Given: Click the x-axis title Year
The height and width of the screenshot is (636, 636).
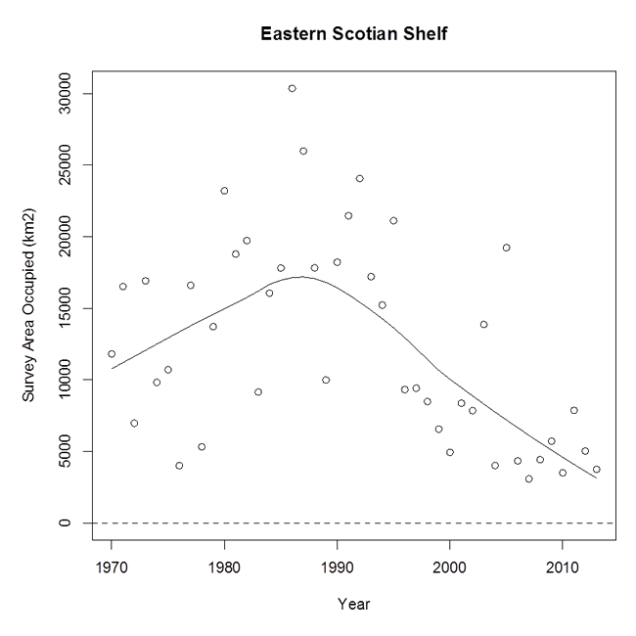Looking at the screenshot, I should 353,604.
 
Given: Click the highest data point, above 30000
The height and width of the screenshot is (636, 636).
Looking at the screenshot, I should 292,88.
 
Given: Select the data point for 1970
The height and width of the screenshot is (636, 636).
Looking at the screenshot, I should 112,353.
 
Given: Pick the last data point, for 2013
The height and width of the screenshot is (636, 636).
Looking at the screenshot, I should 596,470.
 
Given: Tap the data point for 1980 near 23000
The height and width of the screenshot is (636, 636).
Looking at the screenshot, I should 224,191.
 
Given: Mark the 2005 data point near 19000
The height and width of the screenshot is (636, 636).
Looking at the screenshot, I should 506,248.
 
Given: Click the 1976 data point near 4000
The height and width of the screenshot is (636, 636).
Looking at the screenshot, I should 179,466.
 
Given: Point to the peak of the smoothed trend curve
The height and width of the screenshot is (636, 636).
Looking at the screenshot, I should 301,277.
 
